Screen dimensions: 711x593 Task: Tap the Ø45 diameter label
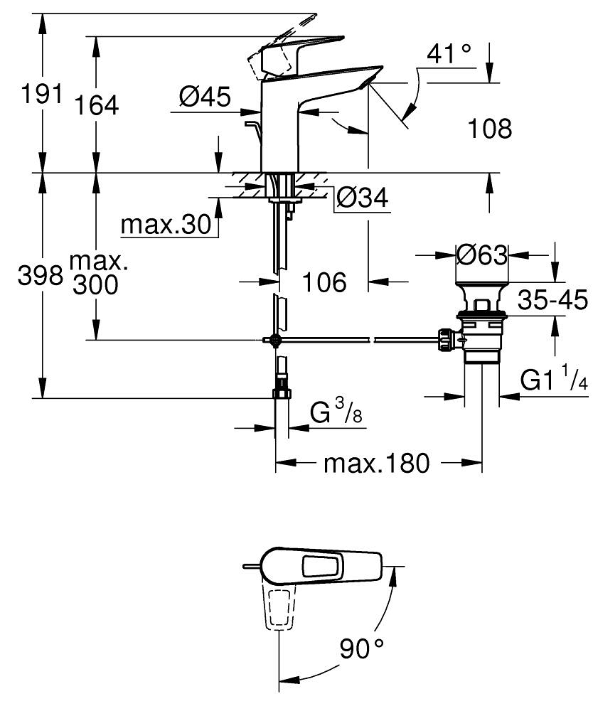click(205, 97)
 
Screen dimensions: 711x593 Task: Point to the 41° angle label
click(449, 53)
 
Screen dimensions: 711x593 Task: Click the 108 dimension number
click(490, 129)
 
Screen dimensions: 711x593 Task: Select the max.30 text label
click(166, 225)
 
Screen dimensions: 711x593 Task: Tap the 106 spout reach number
click(324, 283)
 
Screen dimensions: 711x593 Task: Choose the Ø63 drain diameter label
click(481, 254)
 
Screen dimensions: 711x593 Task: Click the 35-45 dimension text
click(552, 301)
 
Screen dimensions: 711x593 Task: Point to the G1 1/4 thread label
click(554, 381)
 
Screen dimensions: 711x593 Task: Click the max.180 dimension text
click(377, 464)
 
